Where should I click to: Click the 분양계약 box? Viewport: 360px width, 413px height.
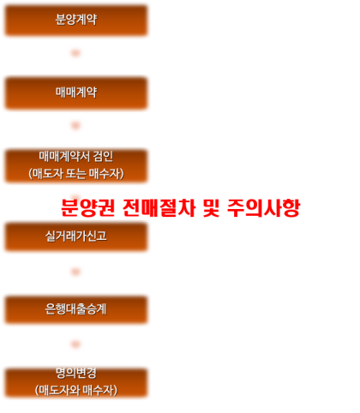pos(76,21)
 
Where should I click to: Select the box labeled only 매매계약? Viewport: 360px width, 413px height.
pos(76,93)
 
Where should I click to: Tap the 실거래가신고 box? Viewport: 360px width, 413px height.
pos(76,236)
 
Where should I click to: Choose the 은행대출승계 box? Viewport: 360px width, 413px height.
pos(76,309)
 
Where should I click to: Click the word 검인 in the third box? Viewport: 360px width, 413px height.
pos(103,156)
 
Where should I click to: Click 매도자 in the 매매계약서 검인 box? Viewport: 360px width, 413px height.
pos(47,174)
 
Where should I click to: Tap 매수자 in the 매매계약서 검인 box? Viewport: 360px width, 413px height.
pos(105,174)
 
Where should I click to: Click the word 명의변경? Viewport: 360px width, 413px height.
pos(76,373)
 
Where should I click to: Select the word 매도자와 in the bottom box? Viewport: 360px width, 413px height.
pos(59,391)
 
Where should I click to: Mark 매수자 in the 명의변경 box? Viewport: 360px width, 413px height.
pos(99,391)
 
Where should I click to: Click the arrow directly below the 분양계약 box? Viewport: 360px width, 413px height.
pos(75,53)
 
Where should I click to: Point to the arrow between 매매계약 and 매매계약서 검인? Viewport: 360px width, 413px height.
pos(75,125)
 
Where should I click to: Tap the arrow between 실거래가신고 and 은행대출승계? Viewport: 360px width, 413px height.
pos(75,272)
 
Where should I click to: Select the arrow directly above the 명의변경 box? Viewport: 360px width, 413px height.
pos(75,344)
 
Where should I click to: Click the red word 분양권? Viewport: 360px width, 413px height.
pos(88,207)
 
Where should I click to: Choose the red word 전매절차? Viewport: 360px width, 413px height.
pos(159,207)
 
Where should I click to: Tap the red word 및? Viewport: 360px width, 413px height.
pos(212,207)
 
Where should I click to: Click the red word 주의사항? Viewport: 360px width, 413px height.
pos(263,207)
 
